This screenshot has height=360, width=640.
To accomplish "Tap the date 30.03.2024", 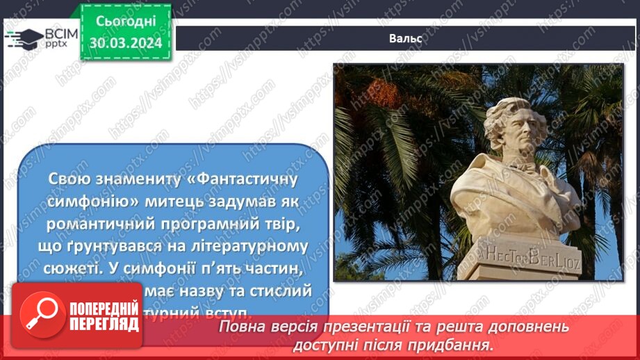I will (125, 43).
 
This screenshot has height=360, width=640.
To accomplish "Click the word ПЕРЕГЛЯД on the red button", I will (103, 324).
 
